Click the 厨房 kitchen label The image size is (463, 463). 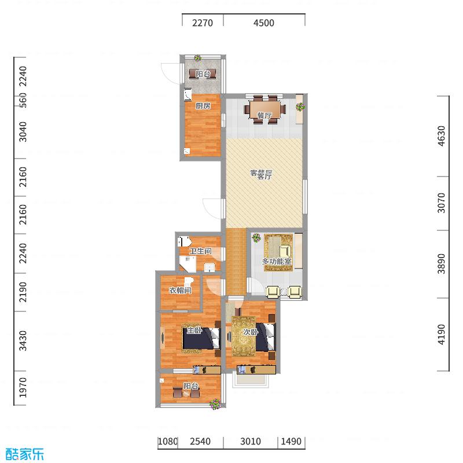(x=202, y=106)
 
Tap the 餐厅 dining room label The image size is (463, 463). (x=264, y=116)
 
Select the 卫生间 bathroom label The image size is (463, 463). (x=200, y=251)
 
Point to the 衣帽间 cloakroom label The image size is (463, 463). (x=180, y=291)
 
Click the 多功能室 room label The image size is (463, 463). (x=277, y=262)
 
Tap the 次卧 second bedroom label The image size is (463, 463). (x=250, y=332)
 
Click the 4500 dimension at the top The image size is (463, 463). (x=264, y=23)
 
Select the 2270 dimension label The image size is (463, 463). (x=203, y=23)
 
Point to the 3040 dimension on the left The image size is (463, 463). (x=23, y=132)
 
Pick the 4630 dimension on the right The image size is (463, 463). (x=442, y=137)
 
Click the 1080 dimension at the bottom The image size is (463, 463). (x=167, y=442)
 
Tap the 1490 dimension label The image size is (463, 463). (x=291, y=442)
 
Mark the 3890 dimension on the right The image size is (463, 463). (x=442, y=264)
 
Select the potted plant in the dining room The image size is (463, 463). (x=300, y=106)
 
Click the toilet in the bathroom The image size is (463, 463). (x=185, y=241)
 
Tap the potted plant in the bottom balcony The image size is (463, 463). (x=215, y=405)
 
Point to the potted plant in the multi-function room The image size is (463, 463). (x=256, y=237)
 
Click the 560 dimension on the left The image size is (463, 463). (x=23, y=100)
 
